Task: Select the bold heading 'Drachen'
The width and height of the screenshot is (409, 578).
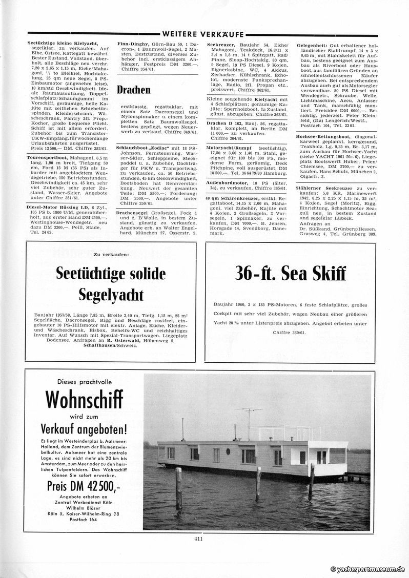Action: pyautogui.click(x=133, y=90)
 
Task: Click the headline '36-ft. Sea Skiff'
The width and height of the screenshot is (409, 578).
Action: pyautogui.click(x=290, y=274)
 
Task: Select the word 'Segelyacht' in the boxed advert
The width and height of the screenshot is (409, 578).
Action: pyautogui.click(x=111, y=295)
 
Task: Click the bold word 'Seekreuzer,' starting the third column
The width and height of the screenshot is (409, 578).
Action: pyautogui.click(x=220, y=44)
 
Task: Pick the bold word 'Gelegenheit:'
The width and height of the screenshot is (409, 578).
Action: pyautogui.click(x=313, y=44)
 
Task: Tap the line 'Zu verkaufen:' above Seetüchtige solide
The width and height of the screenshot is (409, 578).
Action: pyautogui.click(x=111, y=254)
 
